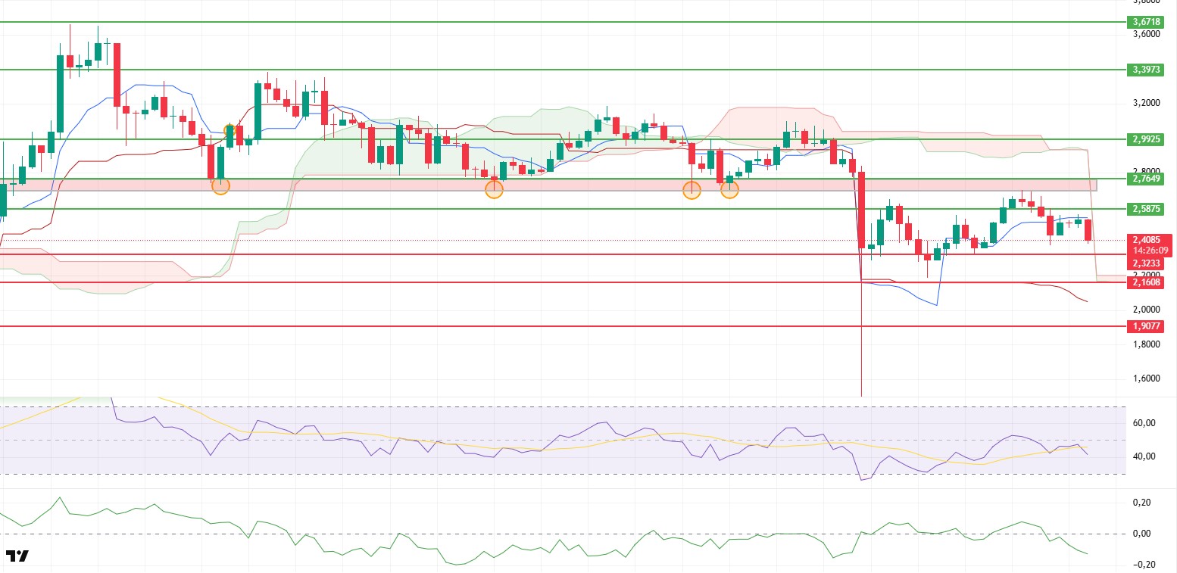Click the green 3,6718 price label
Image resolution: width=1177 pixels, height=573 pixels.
coord(1149,22)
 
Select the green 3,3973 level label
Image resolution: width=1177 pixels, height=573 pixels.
coord(1149,70)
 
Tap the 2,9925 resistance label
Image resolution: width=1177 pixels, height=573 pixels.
coord(1149,139)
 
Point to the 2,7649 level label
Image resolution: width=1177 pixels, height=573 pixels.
coord(1149,179)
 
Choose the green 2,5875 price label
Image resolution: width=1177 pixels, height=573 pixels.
coord(1149,208)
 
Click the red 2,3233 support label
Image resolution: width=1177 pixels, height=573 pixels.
coord(1149,263)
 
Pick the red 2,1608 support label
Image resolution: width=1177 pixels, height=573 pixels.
coord(1149,282)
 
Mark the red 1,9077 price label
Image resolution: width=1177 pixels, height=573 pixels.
coord(1149,326)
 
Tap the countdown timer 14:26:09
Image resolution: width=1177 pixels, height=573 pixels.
coord(1149,251)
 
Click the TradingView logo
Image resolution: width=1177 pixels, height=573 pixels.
coord(17,556)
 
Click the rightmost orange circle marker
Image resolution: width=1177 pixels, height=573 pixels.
coord(729,190)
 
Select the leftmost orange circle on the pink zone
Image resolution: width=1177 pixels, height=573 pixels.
coord(220,185)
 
